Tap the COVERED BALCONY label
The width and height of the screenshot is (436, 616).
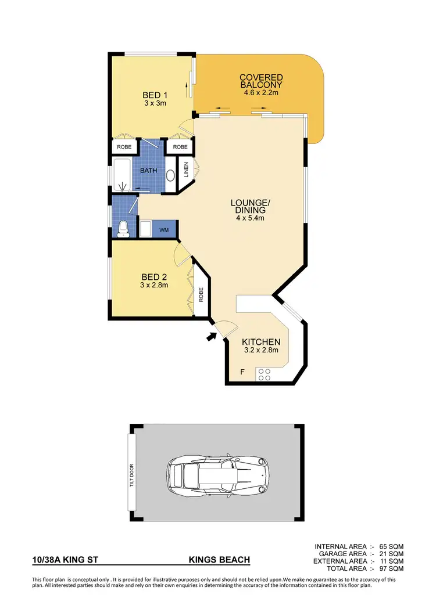pyautogui.click(x=261, y=81)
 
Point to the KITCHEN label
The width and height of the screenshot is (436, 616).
pyautogui.click(x=261, y=342)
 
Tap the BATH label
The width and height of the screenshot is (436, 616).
pyautogui.click(x=149, y=170)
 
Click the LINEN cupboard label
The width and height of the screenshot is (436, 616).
pyautogui.click(x=187, y=170)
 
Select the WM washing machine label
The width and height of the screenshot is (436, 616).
pyautogui.click(x=164, y=230)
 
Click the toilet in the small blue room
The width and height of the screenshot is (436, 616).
pyautogui.click(x=123, y=228)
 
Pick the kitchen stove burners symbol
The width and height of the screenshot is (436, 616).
pyautogui.click(x=264, y=374)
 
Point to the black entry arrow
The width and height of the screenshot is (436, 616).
pyautogui.click(x=210, y=337)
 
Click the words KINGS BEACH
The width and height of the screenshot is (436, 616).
pyautogui.click(x=219, y=560)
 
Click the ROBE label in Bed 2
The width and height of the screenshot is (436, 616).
pyautogui.click(x=200, y=295)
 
